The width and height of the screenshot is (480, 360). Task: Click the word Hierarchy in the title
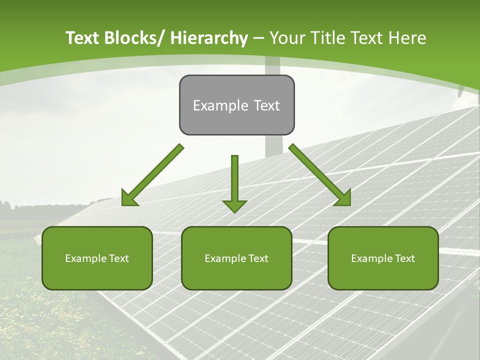[209, 38]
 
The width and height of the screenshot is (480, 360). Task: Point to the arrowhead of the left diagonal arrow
[129, 198]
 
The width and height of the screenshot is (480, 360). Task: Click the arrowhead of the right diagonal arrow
[343, 198]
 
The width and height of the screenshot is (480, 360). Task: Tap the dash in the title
[258, 38]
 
